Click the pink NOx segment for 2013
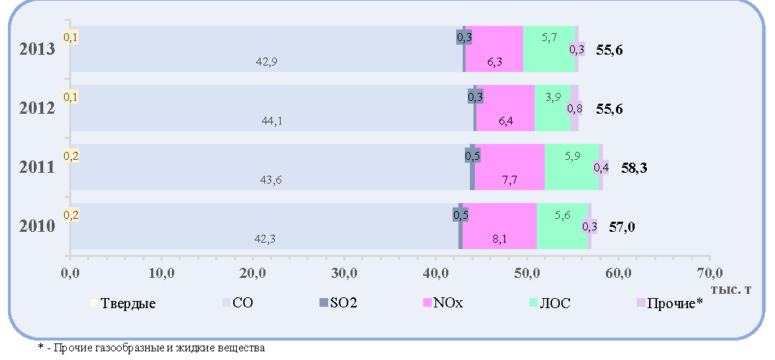coord(494,49)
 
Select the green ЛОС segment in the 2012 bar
coord(553,108)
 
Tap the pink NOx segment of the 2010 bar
coord(499,226)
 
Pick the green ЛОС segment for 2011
coord(572,167)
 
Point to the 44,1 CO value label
coord(272,121)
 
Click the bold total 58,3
coord(634,168)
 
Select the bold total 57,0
coord(622,227)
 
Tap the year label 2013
coord(37,50)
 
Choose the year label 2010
coord(37,227)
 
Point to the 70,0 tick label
coord(710,272)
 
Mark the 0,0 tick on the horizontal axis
coord(71,272)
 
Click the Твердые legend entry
coord(124,303)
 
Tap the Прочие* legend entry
coord(670,303)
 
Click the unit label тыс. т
coord(732,289)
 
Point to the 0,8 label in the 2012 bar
coord(574,108)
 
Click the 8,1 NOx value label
coord(497,239)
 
